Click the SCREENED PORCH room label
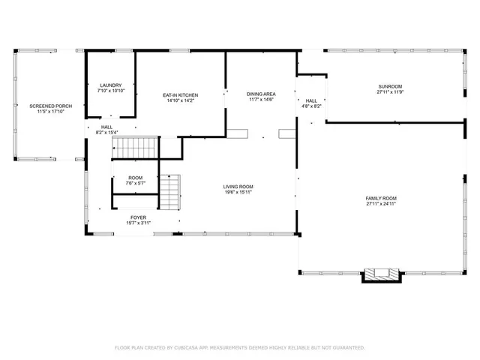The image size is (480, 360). [51, 106]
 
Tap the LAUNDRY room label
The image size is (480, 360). [111, 85]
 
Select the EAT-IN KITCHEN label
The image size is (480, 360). [181, 95]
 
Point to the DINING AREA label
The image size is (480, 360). [261, 94]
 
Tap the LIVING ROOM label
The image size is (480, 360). [238, 187]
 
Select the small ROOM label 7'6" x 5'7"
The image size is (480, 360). [135, 178]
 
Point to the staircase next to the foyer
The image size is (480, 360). [171, 192]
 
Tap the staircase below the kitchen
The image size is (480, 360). [136, 148]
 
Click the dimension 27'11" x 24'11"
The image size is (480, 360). [381, 203]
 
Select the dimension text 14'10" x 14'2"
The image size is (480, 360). [181, 101]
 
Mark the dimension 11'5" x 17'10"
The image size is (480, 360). [51, 112]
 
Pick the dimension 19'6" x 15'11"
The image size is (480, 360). [238, 193]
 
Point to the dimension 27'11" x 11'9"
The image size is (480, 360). [390, 93]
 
